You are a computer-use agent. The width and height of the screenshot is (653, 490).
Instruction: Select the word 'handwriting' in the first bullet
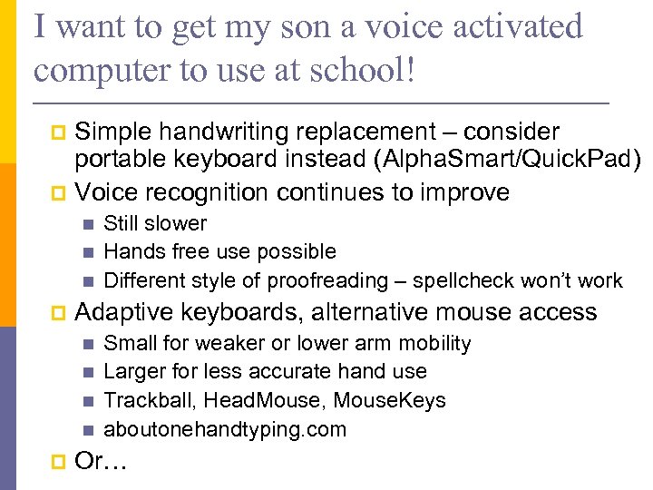pos(228,132)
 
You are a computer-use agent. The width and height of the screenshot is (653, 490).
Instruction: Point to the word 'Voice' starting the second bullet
pos(106,192)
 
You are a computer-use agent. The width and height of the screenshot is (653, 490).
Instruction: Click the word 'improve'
pos(466,192)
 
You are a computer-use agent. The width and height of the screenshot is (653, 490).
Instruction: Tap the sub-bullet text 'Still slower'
pos(155,223)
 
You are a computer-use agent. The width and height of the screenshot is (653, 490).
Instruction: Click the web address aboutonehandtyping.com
pos(225,429)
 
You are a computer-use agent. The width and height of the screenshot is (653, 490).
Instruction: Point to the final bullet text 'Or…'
pos(102,462)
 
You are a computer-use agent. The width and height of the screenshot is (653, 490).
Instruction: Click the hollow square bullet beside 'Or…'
pos(60,463)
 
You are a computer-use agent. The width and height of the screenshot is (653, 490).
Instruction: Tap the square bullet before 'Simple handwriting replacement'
pos(60,133)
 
